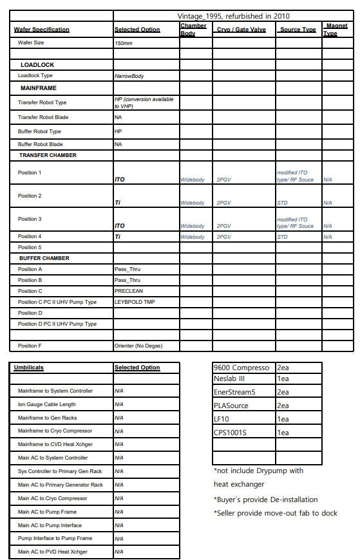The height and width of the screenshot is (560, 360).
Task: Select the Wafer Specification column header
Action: click(41, 30)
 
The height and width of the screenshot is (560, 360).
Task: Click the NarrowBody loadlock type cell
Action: click(129, 76)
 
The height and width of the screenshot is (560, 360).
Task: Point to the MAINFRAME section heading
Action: click(38, 88)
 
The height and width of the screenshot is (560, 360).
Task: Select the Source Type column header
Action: click(298, 30)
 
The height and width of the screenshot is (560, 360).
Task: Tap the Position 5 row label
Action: click(29, 247)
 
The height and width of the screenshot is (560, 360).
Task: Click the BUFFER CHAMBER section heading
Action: click(44, 258)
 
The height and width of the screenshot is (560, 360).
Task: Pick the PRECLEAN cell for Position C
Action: click(128, 291)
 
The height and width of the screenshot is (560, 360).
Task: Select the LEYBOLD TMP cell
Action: click(135, 302)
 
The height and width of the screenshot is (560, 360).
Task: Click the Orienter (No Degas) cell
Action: click(138, 346)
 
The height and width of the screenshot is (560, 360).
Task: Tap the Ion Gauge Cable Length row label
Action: click(46, 404)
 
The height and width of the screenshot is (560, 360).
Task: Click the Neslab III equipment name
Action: click(229, 379)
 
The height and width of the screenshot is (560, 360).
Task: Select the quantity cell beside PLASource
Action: click(283, 406)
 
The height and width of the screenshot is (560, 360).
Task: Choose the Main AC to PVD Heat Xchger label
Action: click(52, 552)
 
